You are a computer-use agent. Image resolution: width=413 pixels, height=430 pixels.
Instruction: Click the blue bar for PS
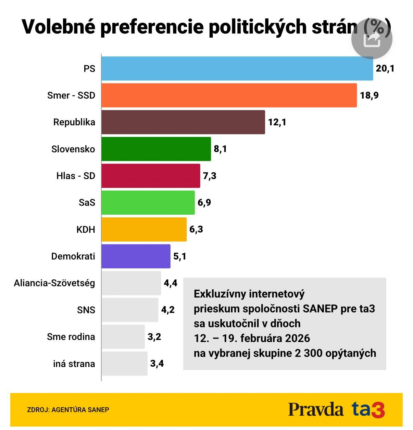(x=237, y=68)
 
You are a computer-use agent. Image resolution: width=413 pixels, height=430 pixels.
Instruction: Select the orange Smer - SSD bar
(x=229, y=95)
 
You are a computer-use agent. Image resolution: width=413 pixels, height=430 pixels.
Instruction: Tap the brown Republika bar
(x=183, y=122)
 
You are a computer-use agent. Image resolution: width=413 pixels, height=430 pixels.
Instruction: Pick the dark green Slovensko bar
(x=156, y=149)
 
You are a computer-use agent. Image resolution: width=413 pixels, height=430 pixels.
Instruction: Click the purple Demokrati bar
(x=136, y=256)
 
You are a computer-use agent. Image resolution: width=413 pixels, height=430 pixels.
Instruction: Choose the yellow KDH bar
(x=144, y=229)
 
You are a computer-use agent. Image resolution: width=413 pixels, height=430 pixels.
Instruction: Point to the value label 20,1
(x=385, y=68)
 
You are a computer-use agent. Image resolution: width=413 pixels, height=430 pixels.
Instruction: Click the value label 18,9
(x=369, y=95)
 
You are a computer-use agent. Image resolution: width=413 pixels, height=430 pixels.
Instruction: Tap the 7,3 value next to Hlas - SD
(x=210, y=176)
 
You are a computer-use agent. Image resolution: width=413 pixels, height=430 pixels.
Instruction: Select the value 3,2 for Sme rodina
(x=154, y=337)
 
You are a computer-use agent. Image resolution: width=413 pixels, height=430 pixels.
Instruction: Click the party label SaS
(x=87, y=203)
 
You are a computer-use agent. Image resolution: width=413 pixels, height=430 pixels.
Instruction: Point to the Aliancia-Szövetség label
(x=54, y=283)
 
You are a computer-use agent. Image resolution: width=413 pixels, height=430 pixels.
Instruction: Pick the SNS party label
(x=86, y=310)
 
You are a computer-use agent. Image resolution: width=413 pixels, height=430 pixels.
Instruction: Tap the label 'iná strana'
(x=74, y=364)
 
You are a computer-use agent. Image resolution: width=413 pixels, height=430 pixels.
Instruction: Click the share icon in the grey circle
(x=372, y=39)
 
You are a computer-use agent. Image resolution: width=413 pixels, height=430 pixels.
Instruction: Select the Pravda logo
(x=315, y=409)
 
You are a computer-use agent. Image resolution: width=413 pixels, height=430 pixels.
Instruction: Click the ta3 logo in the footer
(x=368, y=409)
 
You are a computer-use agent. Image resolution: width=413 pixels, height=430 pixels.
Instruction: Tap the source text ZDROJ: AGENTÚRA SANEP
(x=68, y=410)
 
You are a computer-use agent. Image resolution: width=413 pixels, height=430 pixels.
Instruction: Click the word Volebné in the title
(x=58, y=27)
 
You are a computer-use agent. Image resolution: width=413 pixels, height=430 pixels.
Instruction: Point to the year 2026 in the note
(x=297, y=338)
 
